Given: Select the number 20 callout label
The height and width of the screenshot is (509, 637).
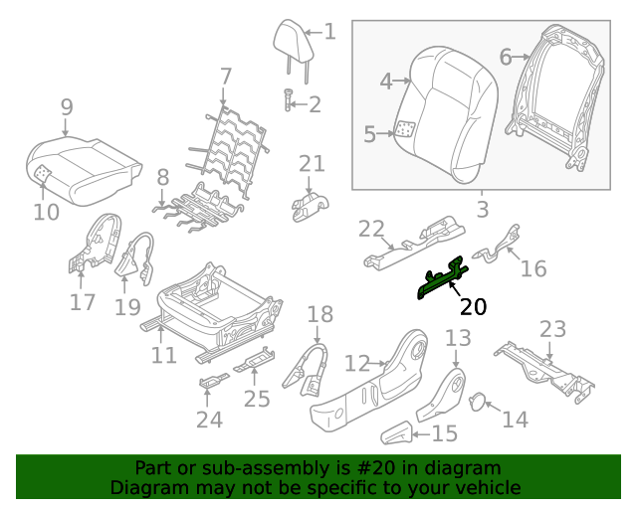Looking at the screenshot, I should click(x=474, y=306).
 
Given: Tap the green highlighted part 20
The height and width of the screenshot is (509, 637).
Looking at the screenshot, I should click(x=442, y=279).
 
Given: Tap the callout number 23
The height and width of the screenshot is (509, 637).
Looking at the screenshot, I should click(x=552, y=329).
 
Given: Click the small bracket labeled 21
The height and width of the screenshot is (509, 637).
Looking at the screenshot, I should click(x=310, y=202).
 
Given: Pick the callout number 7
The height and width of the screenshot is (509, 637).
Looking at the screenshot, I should click(x=226, y=76).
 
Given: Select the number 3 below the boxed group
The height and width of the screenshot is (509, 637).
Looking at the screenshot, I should click(x=482, y=210).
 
